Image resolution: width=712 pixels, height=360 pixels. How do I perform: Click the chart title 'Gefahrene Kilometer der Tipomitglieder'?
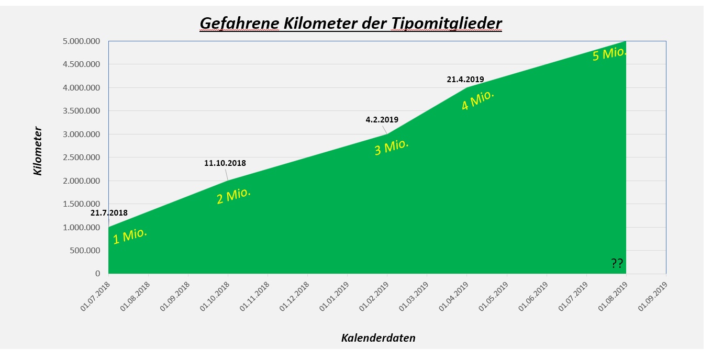pyautogui.click(x=351, y=24)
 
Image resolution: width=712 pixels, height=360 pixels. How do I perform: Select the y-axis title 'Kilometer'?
pyautogui.click(x=38, y=151)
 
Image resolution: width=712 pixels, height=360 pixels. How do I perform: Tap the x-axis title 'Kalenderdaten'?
pyautogui.click(x=378, y=338)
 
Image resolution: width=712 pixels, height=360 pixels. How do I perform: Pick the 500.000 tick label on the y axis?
pyautogui.click(x=84, y=251)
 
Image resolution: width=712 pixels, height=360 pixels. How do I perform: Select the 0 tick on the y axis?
pyautogui.click(x=97, y=274)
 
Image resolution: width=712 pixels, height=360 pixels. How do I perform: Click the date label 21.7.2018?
pyautogui.click(x=109, y=213)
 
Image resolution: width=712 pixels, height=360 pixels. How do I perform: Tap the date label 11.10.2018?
pyautogui.click(x=225, y=163)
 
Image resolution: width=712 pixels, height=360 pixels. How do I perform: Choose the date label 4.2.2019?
pyautogui.click(x=382, y=120)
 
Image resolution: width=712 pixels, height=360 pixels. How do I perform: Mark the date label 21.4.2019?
pyautogui.click(x=465, y=80)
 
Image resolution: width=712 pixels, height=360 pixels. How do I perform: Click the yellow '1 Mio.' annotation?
pyautogui.click(x=130, y=235)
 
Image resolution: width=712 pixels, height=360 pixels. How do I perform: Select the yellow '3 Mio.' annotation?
pyautogui.click(x=391, y=147)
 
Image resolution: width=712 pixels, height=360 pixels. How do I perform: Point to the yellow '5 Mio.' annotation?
pyautogui.click(x=609, y=54)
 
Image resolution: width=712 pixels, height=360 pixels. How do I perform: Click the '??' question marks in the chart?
pyautogui.click(x=617, y=263)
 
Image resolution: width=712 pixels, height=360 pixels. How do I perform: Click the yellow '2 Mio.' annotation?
pyautogui.click(x=233, y=196)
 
